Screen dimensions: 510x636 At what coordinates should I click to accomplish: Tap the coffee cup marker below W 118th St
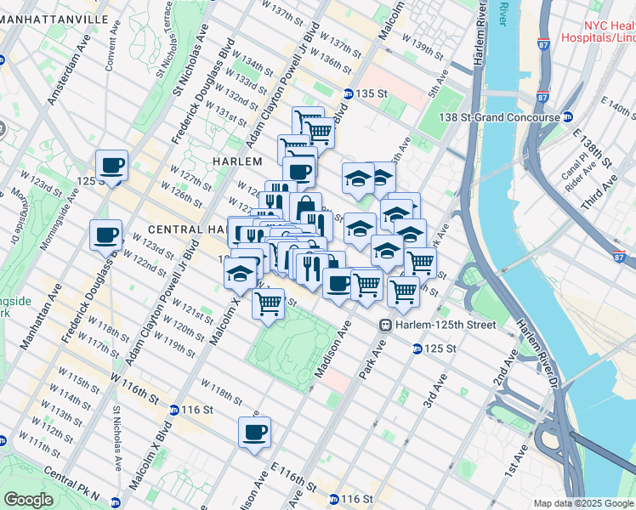[254, 432]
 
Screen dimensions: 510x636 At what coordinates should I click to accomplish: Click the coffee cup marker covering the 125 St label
[111, 165]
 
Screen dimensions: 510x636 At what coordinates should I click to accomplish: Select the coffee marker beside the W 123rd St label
[106, 235]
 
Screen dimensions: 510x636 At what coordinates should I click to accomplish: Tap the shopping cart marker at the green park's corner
[269, 303]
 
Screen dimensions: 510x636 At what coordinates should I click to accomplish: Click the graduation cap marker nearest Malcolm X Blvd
[241, 273]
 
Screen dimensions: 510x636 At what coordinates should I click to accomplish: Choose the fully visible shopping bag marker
[305, 207]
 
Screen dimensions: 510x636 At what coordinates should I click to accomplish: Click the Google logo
[28, 500]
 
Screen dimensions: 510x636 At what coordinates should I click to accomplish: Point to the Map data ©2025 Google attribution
[582, 503]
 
